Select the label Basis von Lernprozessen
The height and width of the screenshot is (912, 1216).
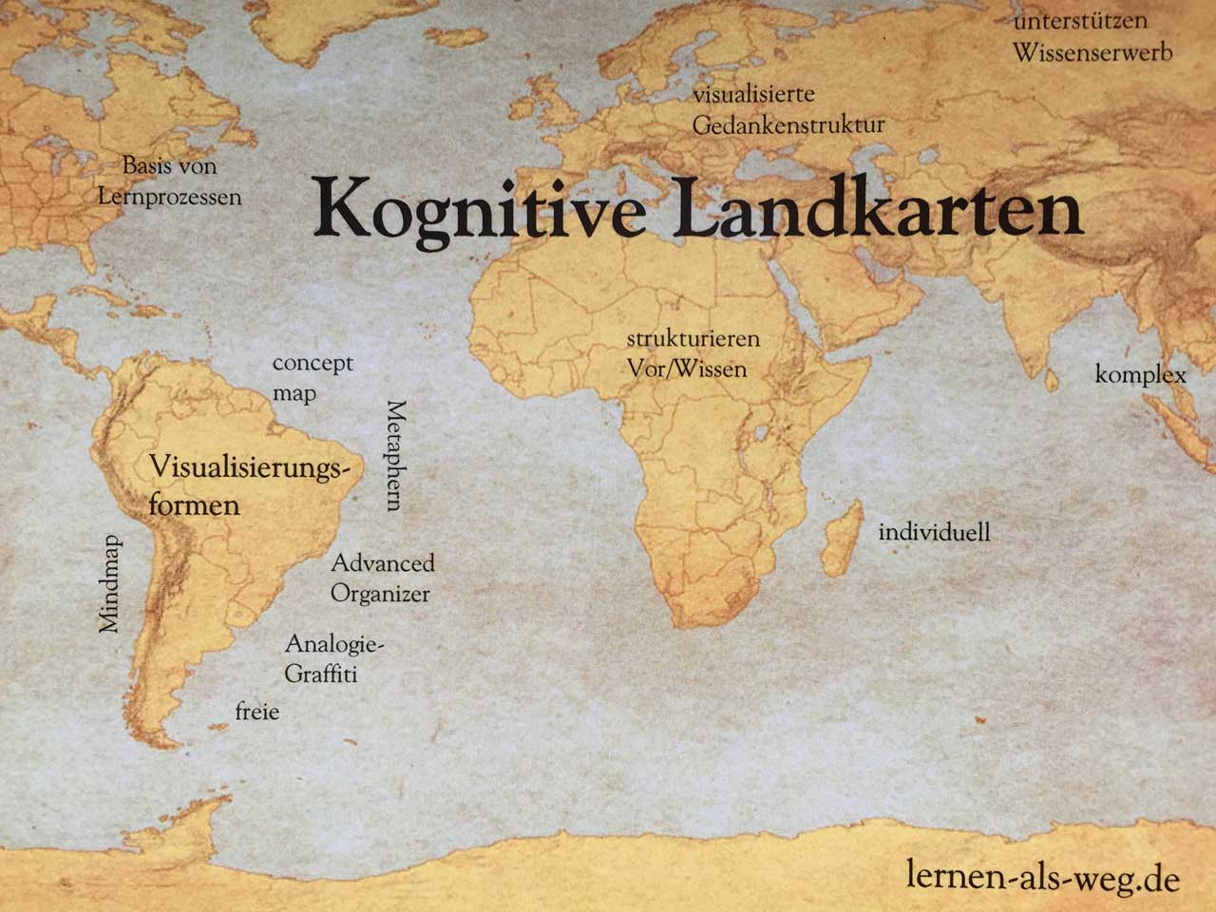170,181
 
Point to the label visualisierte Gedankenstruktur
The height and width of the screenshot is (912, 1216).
788,110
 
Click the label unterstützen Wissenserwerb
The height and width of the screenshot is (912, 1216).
1092,36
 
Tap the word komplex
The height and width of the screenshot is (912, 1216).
1140,374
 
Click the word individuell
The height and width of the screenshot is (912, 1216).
934,532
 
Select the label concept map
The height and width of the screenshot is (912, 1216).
311,377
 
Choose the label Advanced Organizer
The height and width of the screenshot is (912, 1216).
382,579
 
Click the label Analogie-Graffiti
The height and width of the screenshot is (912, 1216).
333,659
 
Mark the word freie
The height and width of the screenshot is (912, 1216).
257,711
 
